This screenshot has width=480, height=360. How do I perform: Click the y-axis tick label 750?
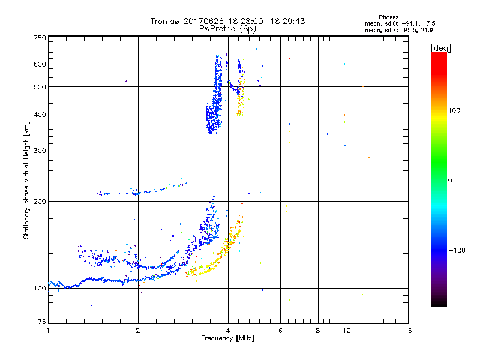[x=40, y=38]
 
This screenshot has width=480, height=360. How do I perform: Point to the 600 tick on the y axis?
[x=40, y=64]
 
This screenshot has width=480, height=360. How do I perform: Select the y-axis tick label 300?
[x=40, y=151]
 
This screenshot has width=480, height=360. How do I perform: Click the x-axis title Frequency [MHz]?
[x=227, y=338]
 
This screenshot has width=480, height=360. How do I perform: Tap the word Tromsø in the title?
[x=165, y=21]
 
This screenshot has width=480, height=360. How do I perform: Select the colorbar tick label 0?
[x=451, y=180]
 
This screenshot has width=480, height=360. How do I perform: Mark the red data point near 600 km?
[x=289, y=58]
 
